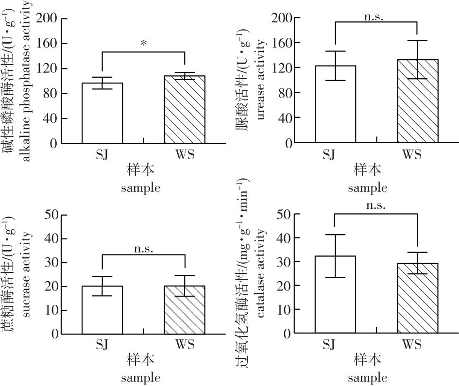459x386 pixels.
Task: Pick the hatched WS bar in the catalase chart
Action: (x=417, y=298)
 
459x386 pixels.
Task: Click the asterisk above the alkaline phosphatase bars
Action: (x=144, y=44)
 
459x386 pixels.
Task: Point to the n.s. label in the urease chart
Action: (x=374, y=17)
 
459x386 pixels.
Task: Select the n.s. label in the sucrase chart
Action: (x=143, y=249)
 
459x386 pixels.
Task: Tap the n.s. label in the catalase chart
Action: (x=376, y=205)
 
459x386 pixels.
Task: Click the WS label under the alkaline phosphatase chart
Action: (x=185, y=155)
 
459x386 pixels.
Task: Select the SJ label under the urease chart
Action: (x=329, y=155)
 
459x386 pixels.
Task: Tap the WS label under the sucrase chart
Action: (x=185, y=345)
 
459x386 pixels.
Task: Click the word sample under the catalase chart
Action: (x=367, y=377)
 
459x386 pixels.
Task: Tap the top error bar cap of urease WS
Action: (x=417, y=40)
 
